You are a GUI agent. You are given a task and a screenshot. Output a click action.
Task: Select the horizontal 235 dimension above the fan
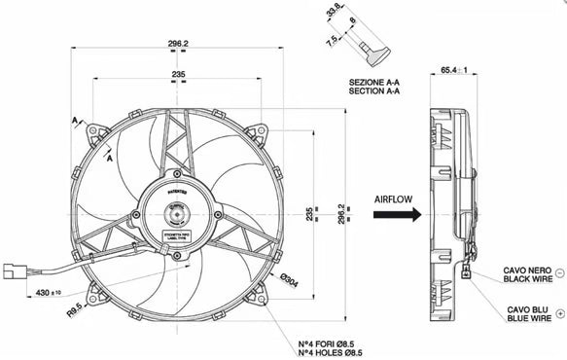click(178, 74)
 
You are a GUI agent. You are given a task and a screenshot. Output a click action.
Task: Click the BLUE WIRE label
click(531, 316)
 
